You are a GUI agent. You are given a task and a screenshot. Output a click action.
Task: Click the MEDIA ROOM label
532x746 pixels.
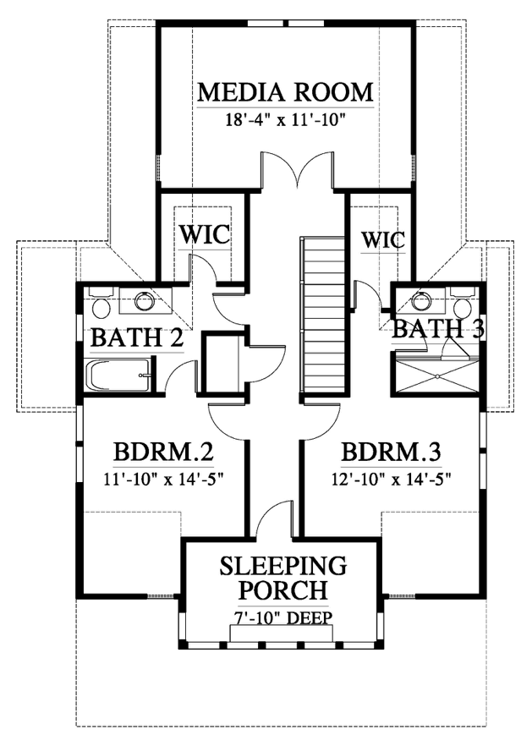(x=285, y=92)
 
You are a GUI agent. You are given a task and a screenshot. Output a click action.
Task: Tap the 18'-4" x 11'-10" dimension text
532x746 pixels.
(x=284, y=119)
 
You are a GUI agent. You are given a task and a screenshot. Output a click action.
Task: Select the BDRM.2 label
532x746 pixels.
(x=163, y=452)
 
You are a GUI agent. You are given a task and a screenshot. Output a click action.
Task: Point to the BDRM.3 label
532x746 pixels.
(x=391, y=452)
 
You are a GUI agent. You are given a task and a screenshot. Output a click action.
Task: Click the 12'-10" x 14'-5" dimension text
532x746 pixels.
(x=391, y=478)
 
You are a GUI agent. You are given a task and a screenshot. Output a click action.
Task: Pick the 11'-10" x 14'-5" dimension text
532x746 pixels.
(x=164, y=478)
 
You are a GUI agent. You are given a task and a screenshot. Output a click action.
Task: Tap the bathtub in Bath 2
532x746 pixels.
(x=119, y=376)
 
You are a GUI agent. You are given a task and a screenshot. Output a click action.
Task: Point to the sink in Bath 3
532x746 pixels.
(x=421, y=300)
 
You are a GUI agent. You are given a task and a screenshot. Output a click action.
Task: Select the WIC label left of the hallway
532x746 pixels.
(x=205, y=234)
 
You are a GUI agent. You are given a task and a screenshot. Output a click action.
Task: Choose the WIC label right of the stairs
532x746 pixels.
(x=383, y=240)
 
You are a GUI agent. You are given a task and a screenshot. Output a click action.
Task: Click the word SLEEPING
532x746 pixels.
(x=283, y=566)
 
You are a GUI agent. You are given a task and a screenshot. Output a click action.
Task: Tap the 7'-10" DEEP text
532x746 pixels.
(x=283, y=617)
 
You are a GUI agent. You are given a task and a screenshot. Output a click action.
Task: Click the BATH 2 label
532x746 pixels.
(x=136, y=338)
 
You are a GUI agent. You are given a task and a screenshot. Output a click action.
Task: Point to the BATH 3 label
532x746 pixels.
(x=438, y=329)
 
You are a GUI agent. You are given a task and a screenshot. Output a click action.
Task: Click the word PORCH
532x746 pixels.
(x=283, y=590)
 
